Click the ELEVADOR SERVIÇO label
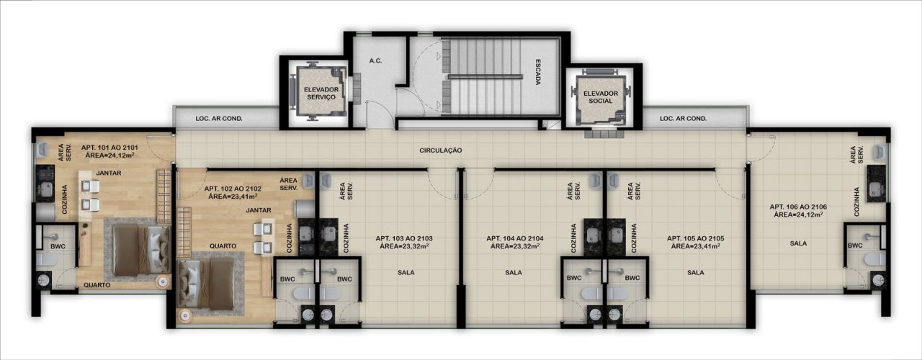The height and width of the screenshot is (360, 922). coord(321,94)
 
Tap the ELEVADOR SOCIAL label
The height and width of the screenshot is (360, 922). coord(601,97)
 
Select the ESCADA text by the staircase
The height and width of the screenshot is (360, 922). coord(537,73)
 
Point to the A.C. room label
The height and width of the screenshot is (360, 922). coord(375,61)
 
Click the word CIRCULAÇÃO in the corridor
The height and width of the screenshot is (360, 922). coord(440,150)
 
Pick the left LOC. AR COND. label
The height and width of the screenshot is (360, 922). coord(219,119)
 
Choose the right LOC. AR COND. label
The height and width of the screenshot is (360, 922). coord(684,119)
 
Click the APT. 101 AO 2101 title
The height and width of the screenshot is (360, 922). coord(109,148)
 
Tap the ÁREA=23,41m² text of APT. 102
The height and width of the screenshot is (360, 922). coord(233,197)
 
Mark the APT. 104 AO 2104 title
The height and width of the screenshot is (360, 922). coord(514,238)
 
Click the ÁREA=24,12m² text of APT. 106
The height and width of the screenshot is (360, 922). coord(798,215)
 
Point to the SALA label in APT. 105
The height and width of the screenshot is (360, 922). coord(695,272)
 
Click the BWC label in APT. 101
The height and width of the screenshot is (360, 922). coord(58,246)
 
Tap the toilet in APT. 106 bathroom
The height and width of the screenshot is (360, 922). coord(874,259)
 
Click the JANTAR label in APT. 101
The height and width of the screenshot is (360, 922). coord(109,174)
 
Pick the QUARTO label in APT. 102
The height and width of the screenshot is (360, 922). coord(223,246)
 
